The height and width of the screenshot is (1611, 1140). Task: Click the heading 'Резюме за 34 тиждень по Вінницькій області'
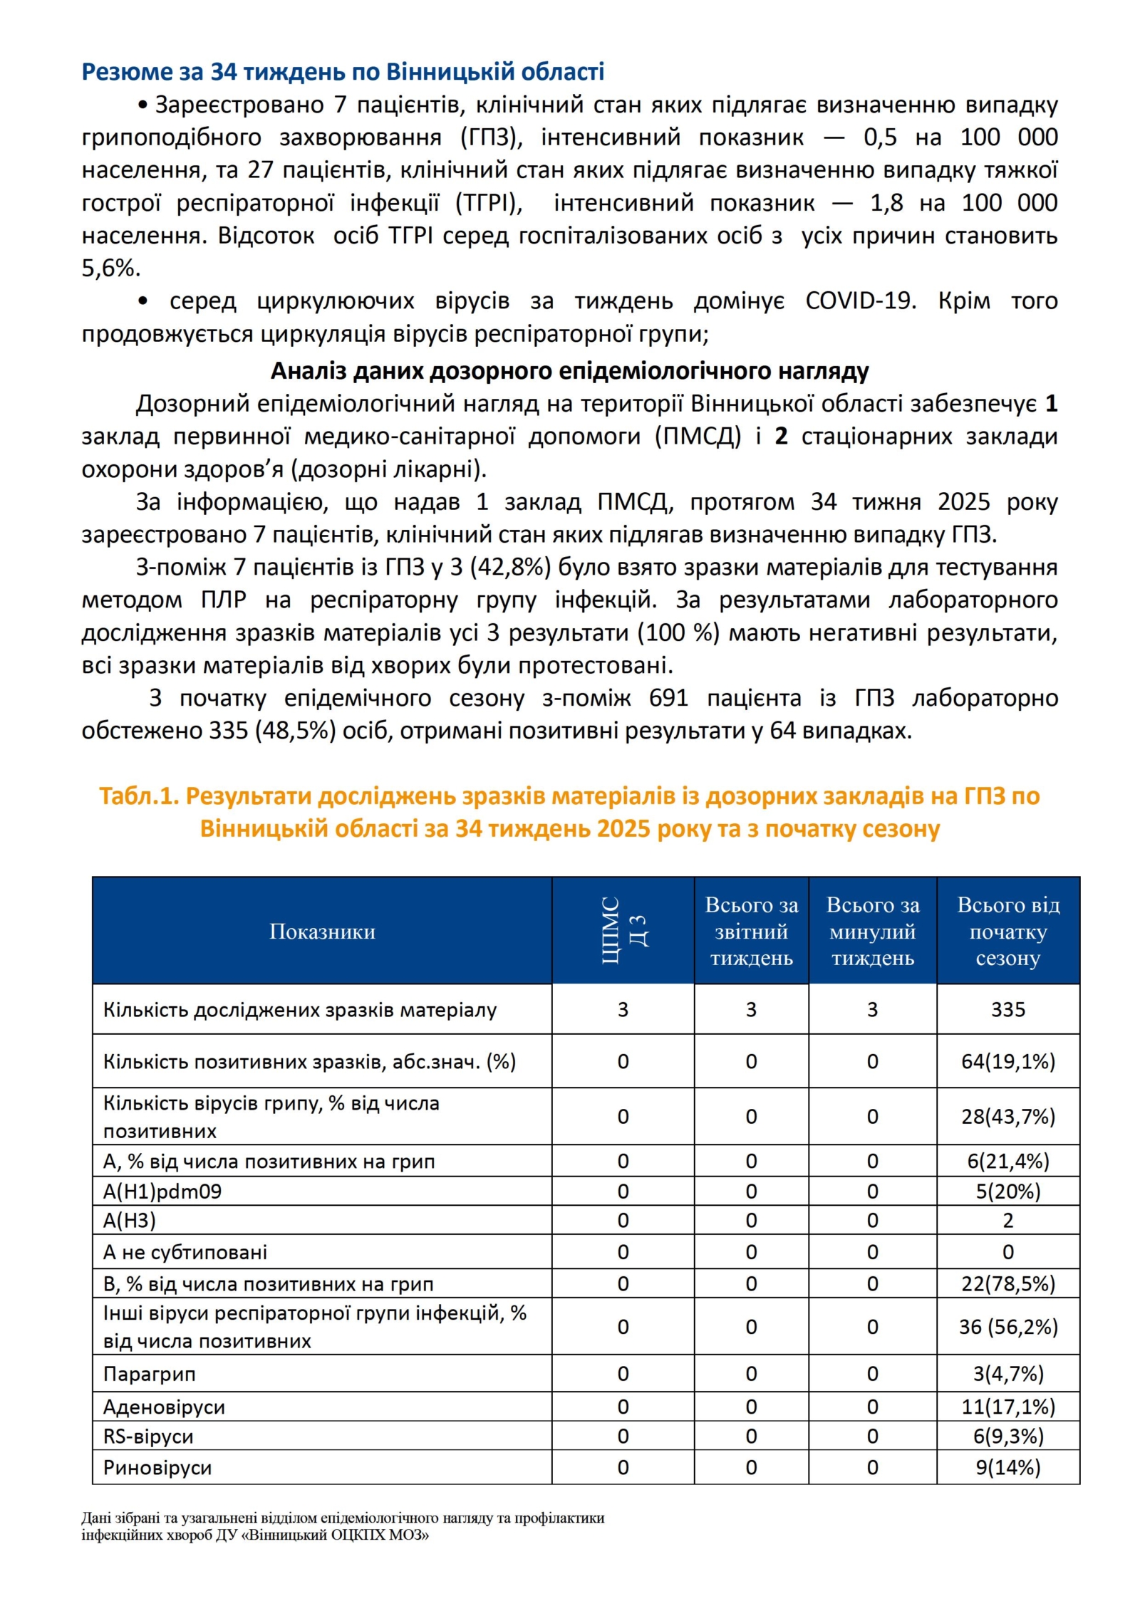[x=343, y=71]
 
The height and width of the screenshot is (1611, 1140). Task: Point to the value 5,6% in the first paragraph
[x=110, y=268]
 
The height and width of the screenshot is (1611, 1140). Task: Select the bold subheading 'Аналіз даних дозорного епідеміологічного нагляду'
[x=569, y=370]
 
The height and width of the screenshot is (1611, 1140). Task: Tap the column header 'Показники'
[x=322, y=931]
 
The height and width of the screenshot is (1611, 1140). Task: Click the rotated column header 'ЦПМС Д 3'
[x=623, y=931]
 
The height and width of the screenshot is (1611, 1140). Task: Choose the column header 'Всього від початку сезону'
[x=1007, y=931]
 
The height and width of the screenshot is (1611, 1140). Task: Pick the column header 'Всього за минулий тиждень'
[x=872, y=931]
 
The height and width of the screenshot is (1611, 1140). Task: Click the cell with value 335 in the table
[x=1007, y=1009]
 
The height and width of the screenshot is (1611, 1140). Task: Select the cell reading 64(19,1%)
[x=1007, y=1061]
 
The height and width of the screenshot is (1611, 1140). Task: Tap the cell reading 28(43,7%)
[x=1007, y=1116]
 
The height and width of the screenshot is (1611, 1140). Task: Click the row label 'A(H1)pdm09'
[x=162, y=1192]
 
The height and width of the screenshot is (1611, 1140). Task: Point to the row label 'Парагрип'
[x=149, y=1374]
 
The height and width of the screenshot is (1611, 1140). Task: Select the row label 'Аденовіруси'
[x=164, y=1407]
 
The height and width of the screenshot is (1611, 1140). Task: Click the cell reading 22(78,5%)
[x=1007, y=1284]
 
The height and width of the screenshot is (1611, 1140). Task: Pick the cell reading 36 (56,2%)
[x=1007, y=1327]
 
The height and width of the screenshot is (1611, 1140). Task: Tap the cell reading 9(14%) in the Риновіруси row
[x=1007, y=1467]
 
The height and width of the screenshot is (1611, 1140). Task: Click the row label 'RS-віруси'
[x=148, y=1436]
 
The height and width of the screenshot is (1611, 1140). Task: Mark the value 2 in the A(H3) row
[x=1007, y=1221]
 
